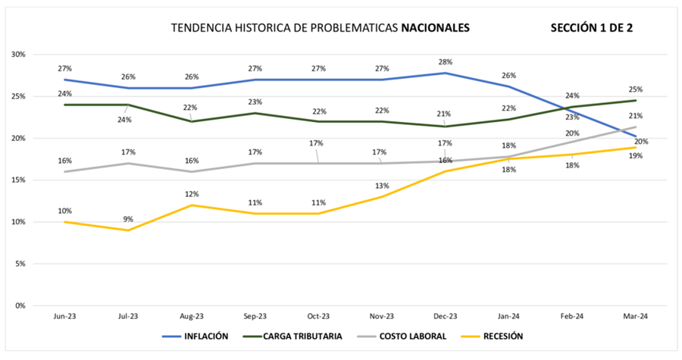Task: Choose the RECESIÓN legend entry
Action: [499, 335]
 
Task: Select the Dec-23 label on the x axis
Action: [446, 316]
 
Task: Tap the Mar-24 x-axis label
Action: [635, 316]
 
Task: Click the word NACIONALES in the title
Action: [435, 28]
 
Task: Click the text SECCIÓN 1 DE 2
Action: [592, 28]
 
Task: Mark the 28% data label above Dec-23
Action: [445, 61]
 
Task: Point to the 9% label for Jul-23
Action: [128, 220]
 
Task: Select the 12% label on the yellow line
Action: [192, 194]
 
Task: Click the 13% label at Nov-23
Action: [381, 186]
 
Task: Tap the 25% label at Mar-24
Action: [635, 89]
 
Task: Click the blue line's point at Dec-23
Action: [446, 73]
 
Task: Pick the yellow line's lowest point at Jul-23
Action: [129, 230]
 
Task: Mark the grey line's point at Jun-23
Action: [65, 171]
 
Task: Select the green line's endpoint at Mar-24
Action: [635, 100]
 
